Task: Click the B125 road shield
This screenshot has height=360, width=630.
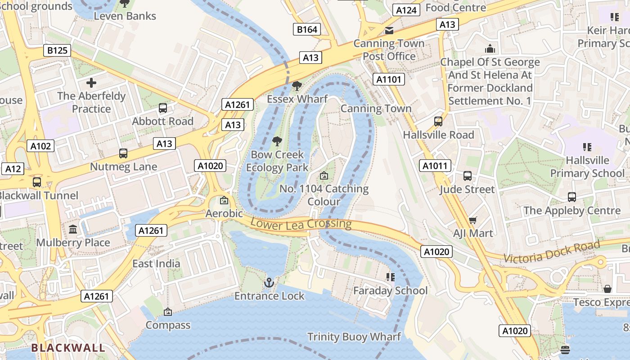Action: coord(57,50)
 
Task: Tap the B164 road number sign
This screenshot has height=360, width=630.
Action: coord(307,30)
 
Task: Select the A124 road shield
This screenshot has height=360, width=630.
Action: coord(406,10)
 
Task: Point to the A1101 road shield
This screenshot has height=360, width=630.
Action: coord(389,80)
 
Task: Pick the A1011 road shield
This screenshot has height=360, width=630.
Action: coord(436,166)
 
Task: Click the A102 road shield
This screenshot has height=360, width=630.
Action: coord(41,146)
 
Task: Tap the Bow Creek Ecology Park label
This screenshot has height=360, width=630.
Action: coord(277,161)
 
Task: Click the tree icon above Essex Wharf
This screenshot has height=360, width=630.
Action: coord(297,86)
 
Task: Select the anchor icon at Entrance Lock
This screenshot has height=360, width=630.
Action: coord(269,283)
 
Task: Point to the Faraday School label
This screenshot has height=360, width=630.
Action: coord(390,291)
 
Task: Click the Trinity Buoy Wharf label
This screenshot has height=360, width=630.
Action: coord(354,337)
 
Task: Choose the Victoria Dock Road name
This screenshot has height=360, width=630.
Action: coord(552,252)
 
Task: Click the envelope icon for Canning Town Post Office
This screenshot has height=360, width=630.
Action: coord(389,31)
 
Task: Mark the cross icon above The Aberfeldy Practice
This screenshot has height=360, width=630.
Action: coord(91,83)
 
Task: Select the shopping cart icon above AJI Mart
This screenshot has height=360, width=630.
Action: coord(472,220)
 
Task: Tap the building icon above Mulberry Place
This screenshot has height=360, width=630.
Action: coord(73,229)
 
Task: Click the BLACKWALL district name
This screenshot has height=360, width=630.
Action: coord(68,348)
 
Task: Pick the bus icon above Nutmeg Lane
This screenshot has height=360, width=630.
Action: coord(123,153)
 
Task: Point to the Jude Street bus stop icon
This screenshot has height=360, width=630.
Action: coord(468,176)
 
